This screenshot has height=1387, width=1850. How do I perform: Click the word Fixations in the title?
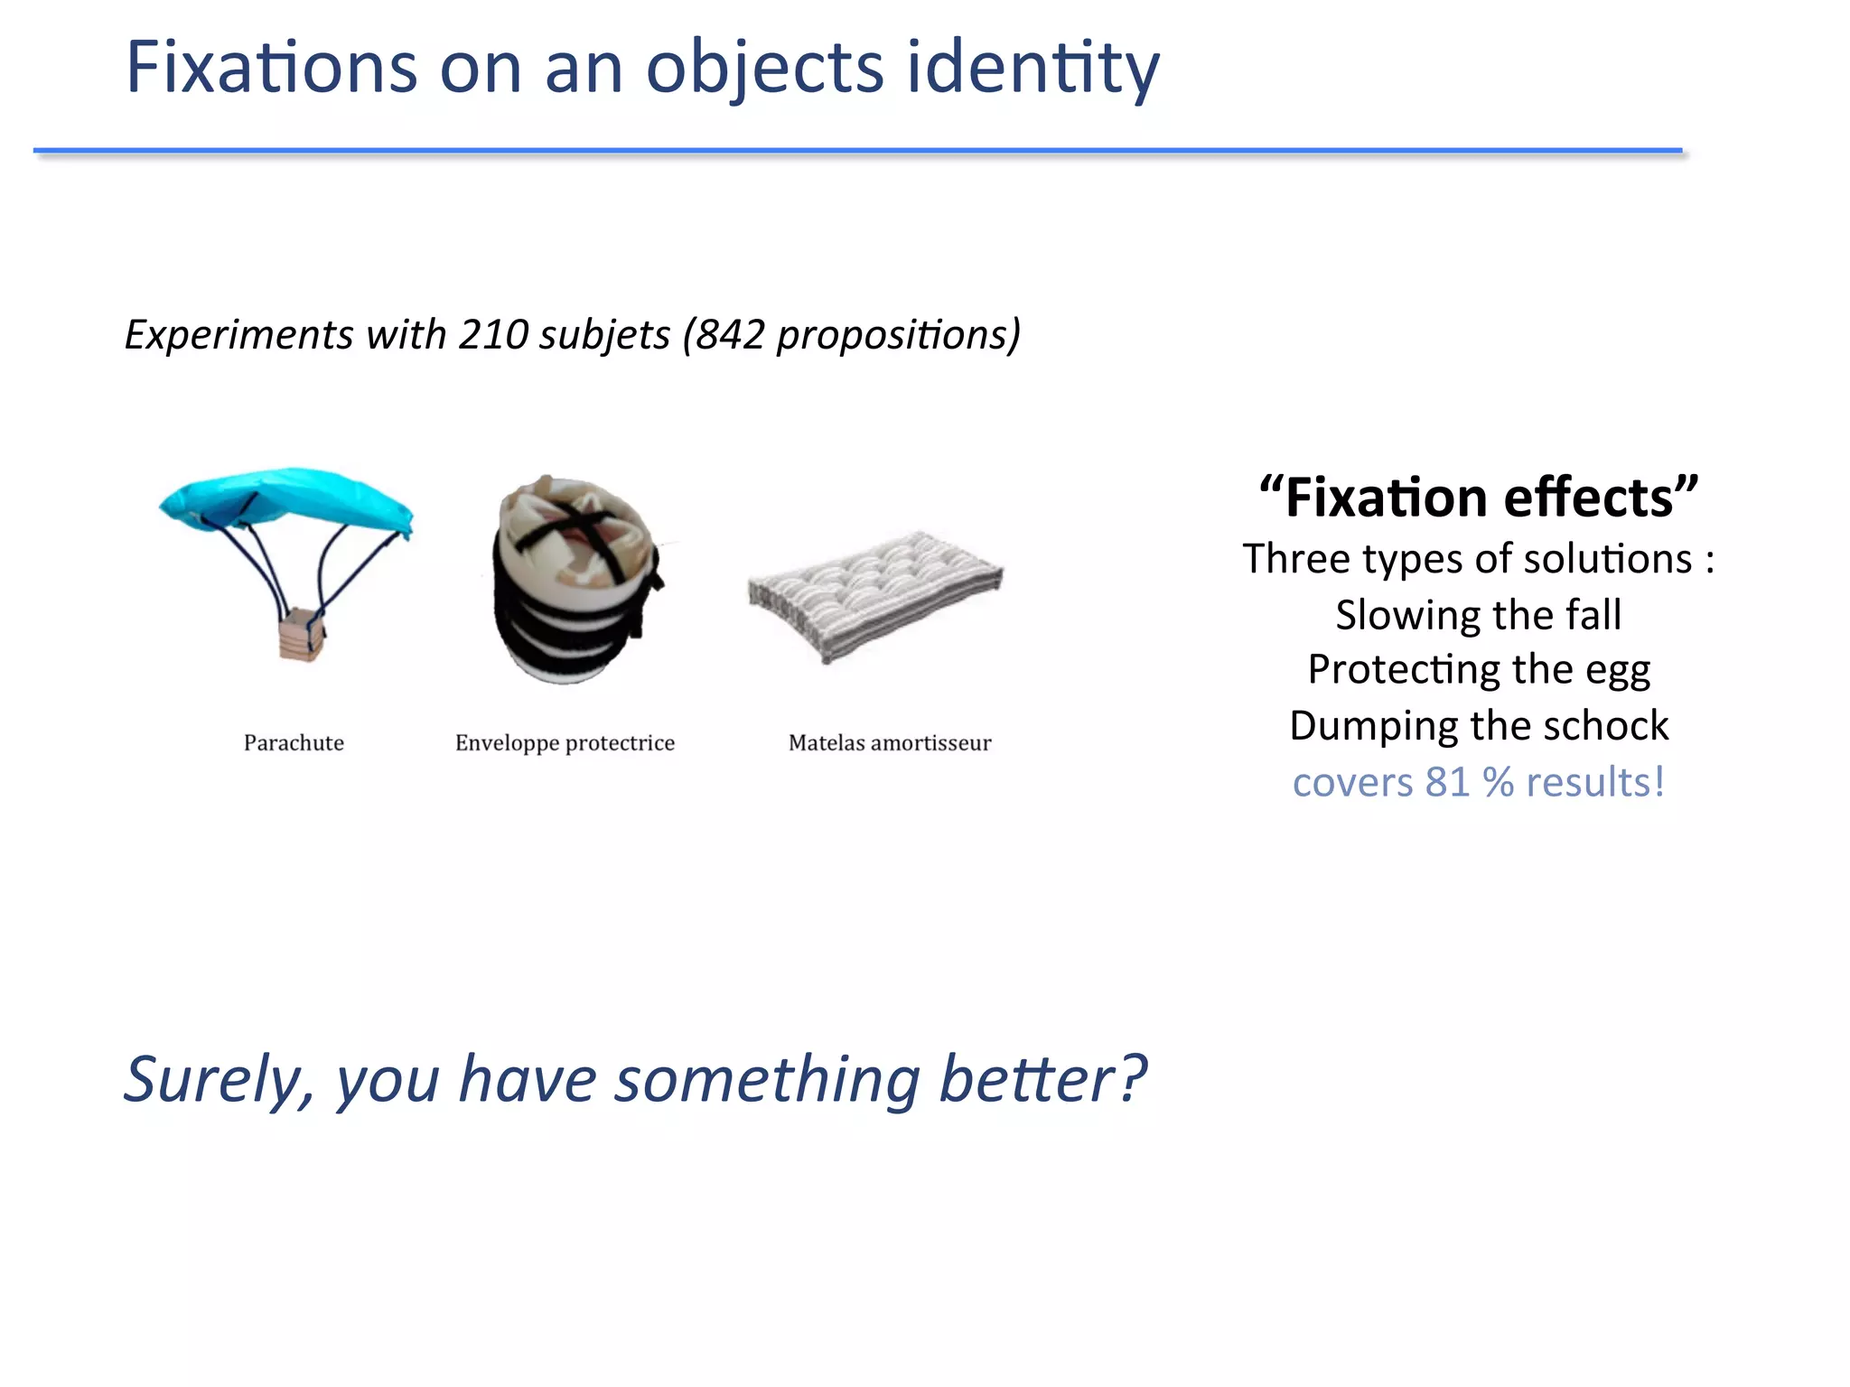(271, 68)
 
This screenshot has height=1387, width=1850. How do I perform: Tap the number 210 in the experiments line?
(493, 335)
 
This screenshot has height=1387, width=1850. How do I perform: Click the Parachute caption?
(294, 743)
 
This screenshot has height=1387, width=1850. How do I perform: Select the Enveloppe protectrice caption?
(565, 743)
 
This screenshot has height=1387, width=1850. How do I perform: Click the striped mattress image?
(874, 591)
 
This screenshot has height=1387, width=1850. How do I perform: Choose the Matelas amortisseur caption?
(890, 743)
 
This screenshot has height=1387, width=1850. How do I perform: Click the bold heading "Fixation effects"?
(1479, 498)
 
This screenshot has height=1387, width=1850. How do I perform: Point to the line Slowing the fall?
(1479, 615)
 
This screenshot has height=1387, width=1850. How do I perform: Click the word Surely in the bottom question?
(218, 1080)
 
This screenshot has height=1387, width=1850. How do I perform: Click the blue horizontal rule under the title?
(858, 150)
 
